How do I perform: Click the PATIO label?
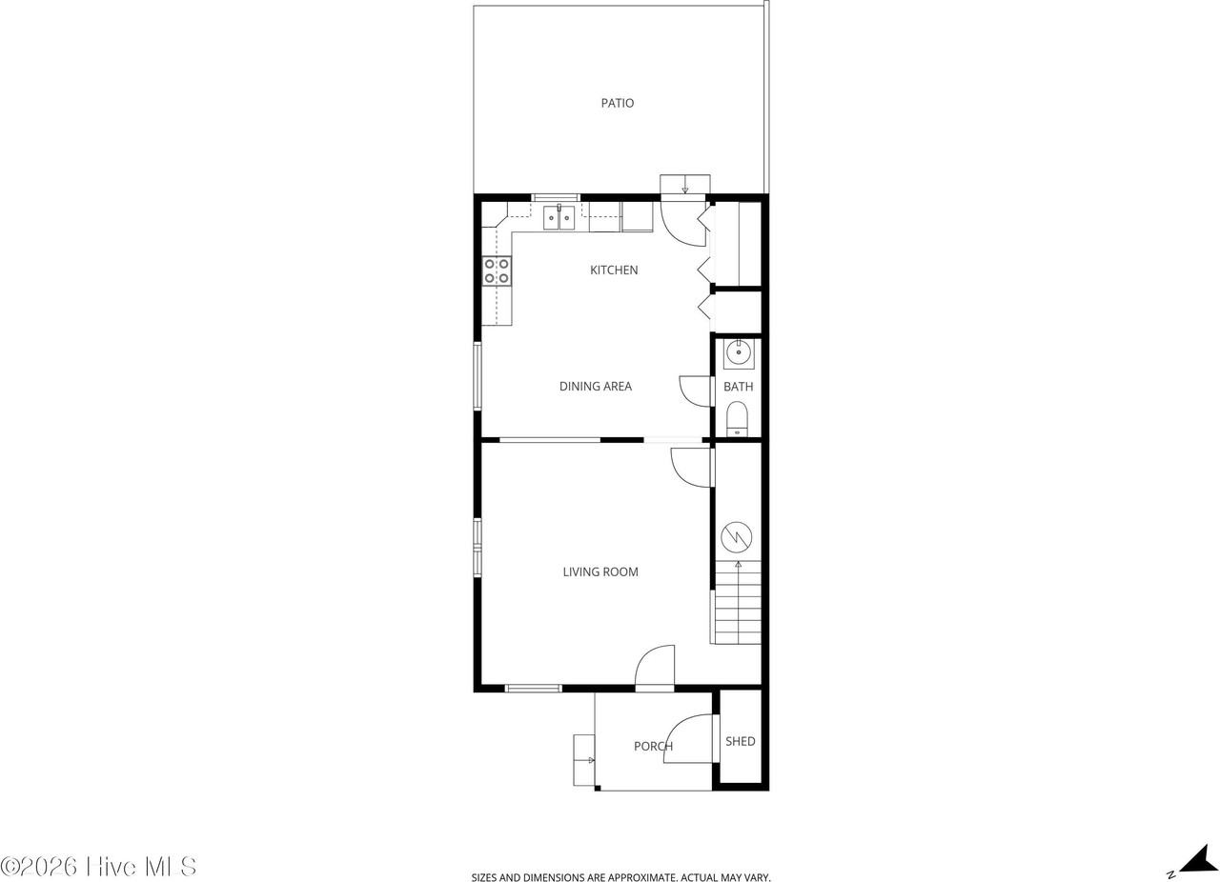[617, 103]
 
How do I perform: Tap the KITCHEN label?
[614, 271]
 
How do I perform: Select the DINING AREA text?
[595, 387]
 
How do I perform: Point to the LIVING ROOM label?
[600, 572]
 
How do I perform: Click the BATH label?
[738, 387]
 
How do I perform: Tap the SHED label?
[740, 741]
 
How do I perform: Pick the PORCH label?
[653, 747]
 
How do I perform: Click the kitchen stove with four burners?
[497, 271]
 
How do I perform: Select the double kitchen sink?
[559, 218]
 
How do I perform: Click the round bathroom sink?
[739, 353]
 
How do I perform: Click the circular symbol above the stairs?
[737, 537]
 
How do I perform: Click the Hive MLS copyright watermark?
[98, 866]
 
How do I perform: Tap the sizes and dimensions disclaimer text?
[620, 877]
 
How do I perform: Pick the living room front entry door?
[656, 667]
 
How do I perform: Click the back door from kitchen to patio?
[682, 223]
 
